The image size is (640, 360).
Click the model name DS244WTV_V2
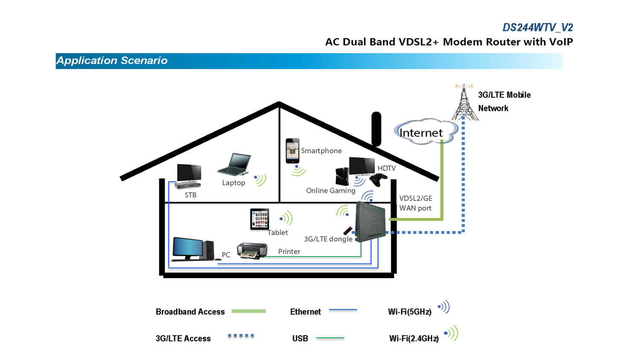click(537, 28)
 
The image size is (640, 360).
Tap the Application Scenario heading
click(112, 61)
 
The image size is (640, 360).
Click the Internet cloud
click(424, 132)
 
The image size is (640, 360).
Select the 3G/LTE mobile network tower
click(464, 104)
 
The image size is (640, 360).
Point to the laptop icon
click(234, 165)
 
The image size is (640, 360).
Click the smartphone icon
click(292, 151)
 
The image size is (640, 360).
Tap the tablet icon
click(259, 219)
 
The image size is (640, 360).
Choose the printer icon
click(252, 250)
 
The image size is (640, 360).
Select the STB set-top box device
click(188, 185)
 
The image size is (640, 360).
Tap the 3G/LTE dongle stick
click(348, 231)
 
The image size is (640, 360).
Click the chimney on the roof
click(376, 128)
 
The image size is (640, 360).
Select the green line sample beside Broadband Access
click(248, 311)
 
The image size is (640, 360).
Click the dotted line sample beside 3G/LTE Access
click(241, 336)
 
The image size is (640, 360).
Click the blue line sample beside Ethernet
click(343, 310)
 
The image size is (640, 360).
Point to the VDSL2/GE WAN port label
click(415, 203)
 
